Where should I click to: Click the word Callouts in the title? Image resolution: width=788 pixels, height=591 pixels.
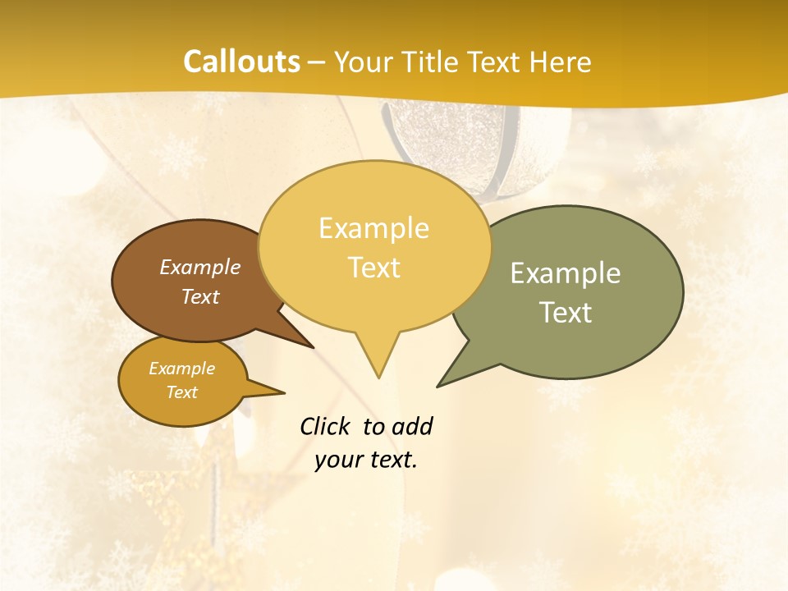[x=241, y=62]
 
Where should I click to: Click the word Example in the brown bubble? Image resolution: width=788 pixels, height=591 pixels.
[x=200, y=267]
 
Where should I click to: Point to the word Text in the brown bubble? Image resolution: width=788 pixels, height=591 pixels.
[x=200, y=296]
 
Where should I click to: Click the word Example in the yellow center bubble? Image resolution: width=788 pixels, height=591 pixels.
[x=373, y=227]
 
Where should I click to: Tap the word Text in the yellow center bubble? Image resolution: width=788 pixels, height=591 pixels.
[x=374, y=268]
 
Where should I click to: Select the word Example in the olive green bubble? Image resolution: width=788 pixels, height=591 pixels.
[x=566, y=273]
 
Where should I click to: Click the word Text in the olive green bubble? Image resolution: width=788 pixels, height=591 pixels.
[x=566, y=313]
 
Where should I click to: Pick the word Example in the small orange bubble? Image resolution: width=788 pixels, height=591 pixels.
[x=182, y=369]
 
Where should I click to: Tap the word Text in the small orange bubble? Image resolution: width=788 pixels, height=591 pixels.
[x=182, y=392]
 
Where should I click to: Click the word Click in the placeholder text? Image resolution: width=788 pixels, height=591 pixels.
[x=326, y=426]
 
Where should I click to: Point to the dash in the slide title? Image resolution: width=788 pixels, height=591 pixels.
[x=318, y=62]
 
